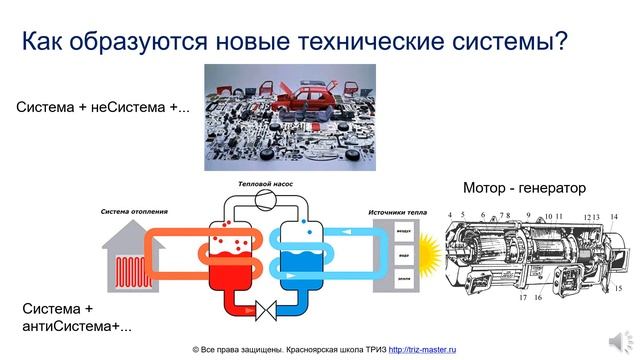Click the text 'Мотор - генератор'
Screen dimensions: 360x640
(524, 187)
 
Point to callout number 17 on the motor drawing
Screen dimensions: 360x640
(523, 298)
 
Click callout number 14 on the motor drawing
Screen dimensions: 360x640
(614, 217)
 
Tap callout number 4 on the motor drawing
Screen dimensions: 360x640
(450, 216)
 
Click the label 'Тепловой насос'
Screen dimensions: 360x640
(266, 184)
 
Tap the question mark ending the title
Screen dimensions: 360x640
(561, 42)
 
